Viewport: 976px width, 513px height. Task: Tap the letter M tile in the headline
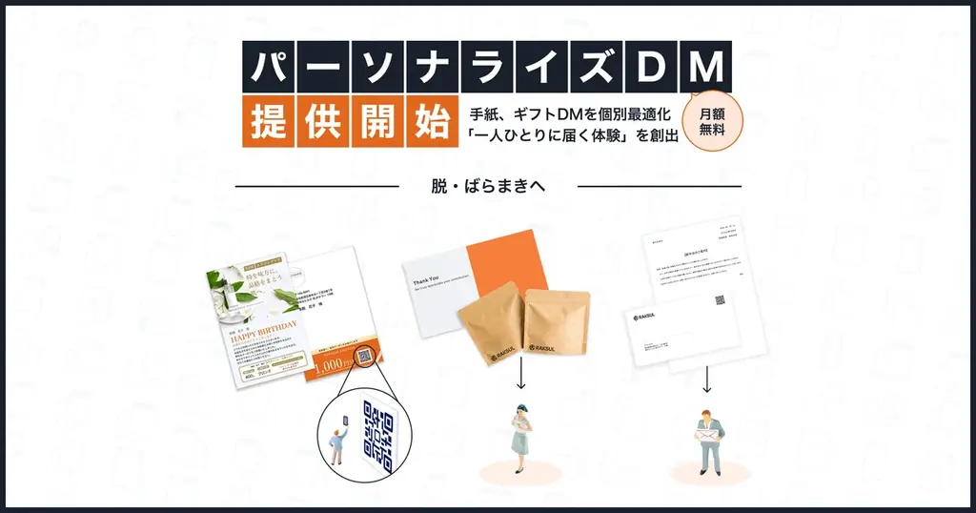[x=706, y=67]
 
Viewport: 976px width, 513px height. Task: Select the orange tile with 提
[x=268, y=121]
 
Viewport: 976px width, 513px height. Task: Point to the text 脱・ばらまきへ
[x=488, y=186]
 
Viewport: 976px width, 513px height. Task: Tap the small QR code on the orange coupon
[x=366, y=358]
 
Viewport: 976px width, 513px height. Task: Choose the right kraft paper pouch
[x=557, y=324]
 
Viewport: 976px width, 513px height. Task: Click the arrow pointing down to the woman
[x=521, y=379]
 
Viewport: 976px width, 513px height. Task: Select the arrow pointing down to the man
[x=707, y=379]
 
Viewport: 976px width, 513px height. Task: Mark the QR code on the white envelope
[x=721, y=301]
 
